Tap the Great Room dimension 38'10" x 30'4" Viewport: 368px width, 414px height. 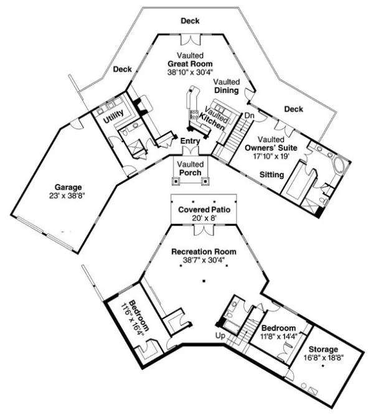tap(191, 72)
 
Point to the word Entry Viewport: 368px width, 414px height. tap(190, 142)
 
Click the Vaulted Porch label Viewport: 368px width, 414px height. tap(190, 168)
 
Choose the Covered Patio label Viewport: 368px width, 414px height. tap(204, 210)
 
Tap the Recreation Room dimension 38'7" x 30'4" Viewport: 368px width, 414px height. tap(204, 261)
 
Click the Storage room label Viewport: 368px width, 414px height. tap(321, 349)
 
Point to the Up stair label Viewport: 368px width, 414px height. tap(220, 336)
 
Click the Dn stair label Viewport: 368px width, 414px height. tap(248, 115)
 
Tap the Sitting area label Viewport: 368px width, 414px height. tap(271, 175)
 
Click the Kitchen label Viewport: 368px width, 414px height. tap(212, 125)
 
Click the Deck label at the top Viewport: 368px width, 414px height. tap(190, 21)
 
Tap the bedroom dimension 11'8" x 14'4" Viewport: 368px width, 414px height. tap(278, 337)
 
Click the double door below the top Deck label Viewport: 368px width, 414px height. tap(190, 40)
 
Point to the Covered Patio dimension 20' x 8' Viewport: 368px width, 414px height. tap(204, 219)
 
